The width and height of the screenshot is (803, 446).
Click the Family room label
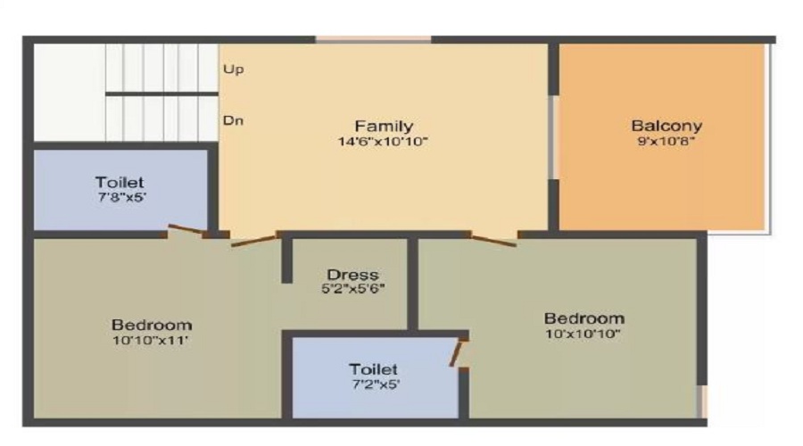384,126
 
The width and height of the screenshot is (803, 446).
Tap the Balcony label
666,126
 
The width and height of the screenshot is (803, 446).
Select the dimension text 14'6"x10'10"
384,141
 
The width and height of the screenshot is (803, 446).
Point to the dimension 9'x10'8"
666,141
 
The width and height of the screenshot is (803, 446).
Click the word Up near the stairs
234,69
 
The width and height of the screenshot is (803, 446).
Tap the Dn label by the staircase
234,120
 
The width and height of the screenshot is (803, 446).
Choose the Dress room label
352,274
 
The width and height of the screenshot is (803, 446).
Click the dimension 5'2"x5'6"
352,288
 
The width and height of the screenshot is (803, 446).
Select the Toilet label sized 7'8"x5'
120,182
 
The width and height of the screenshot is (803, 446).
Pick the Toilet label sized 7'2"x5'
374,368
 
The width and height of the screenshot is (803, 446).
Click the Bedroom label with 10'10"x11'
152,324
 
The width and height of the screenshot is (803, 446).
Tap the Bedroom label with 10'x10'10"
584,318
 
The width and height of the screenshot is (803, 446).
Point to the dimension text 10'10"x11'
152,339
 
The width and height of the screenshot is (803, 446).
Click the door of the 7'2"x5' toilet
458,351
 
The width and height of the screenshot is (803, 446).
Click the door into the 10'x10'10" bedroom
494,238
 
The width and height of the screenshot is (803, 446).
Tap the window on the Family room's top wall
373,39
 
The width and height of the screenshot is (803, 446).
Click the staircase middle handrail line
161,93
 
